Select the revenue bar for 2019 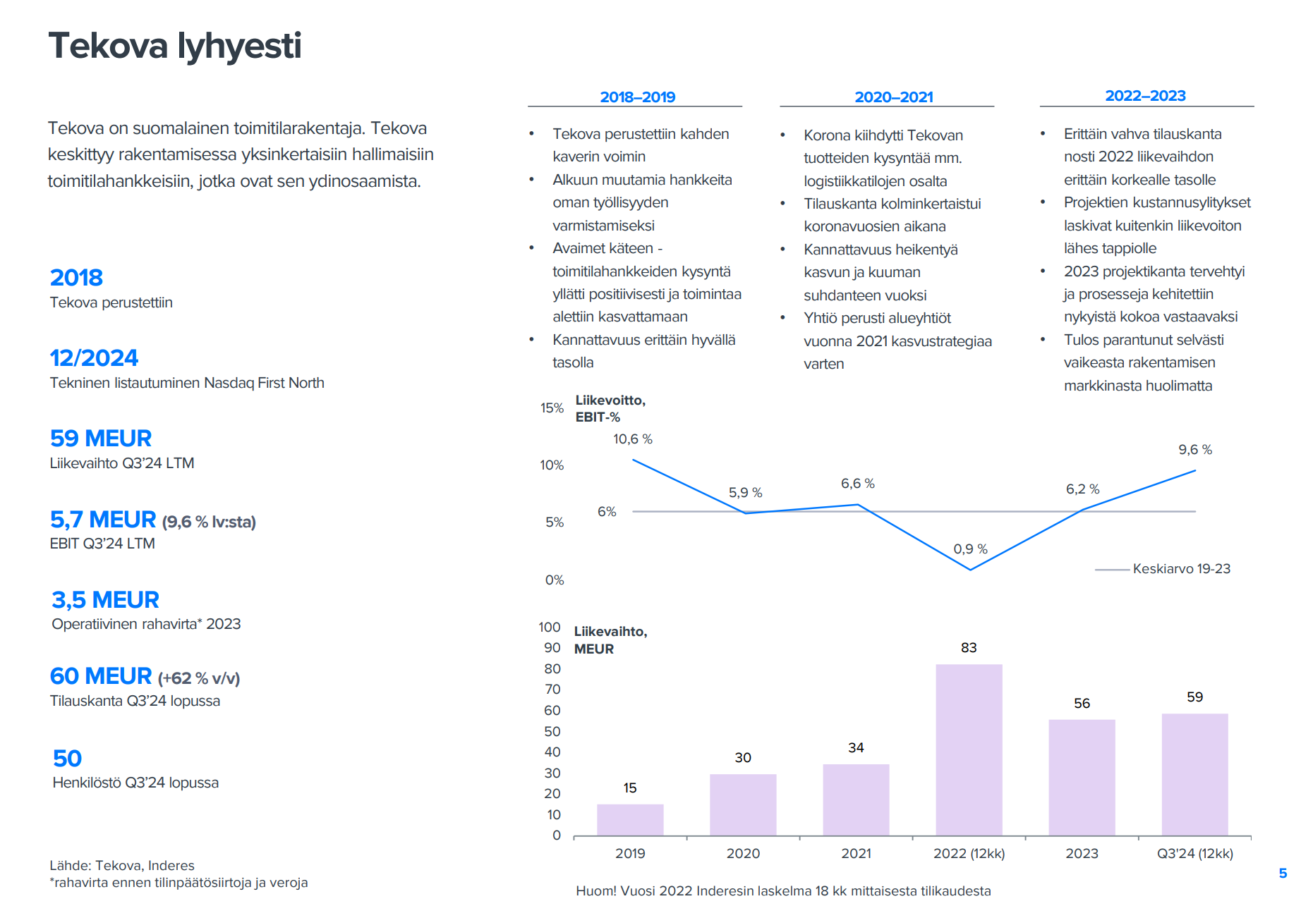click(x=630, y=819)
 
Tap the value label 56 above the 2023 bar click(x=1082, y=703)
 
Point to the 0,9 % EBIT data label click(x=970, y=549)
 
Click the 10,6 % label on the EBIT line click(x=632, y=439)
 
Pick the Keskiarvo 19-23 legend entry click(x=1180, y=569)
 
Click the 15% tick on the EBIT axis click(x=552, y=408)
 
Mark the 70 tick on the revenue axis click(x=552, y=690)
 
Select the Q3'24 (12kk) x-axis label click(x=1194, y=853)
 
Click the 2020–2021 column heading click(x=893, y=97)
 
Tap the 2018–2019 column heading click(x=637, y=97)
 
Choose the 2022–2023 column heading click(x=1145, y=96)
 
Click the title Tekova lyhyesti click(x=174, y=46)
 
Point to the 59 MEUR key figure click(x=101, y=439)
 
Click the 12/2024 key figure click(x=94, y=358)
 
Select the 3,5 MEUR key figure click(x=105, y=600)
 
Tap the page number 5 click(x=1283, y=874)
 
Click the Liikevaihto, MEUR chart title click(x=610, y=640)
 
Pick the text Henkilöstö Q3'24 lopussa click(x=135, y=783)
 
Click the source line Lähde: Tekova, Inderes click(x=121, y=865)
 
